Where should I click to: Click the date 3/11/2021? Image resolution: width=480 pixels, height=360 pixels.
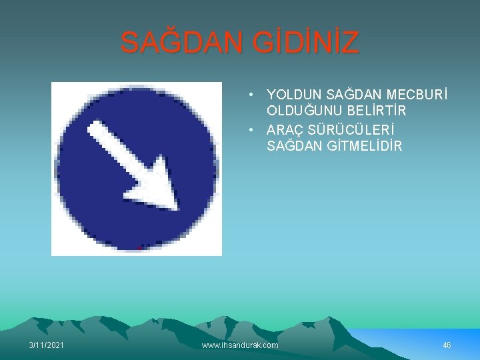click(x=47, y=345)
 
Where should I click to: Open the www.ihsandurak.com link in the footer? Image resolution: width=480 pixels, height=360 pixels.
click(x=240, y=345)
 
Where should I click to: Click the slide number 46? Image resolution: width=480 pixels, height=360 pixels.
click(x=447, y=345)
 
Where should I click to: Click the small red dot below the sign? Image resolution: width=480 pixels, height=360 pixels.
click(x=139, y=248)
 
